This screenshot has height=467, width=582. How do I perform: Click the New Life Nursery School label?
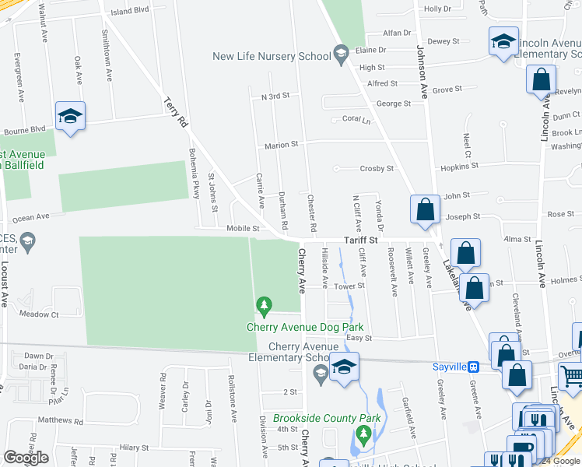tap(271, 55)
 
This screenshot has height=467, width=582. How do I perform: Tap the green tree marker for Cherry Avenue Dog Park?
tap(265, 304)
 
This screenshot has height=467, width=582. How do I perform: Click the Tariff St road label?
tap(361, 241)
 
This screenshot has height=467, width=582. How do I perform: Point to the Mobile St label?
tap(243, 229)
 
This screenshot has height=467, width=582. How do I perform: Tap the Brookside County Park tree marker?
tap(362, 431)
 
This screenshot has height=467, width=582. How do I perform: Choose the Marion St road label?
tap(281, 145)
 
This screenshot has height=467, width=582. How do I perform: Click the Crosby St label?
tap(377, 168)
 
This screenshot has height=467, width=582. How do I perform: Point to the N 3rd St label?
tap(275, 96)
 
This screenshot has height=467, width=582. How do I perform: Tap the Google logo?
tap(26, 458)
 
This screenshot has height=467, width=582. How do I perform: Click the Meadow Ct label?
tap(39, 314)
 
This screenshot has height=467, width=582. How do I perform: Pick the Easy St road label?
tap(359, 338)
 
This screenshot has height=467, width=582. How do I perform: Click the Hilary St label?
tap(134, 448)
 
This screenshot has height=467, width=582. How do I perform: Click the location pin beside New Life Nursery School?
tap(340, 54)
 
